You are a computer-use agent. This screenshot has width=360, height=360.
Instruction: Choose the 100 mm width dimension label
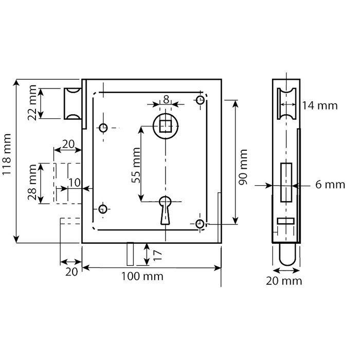(x=142, y=276)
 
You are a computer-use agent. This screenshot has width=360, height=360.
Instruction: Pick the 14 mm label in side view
(x=320, y=106)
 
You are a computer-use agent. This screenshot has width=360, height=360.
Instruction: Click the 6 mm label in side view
(x=323, y=185)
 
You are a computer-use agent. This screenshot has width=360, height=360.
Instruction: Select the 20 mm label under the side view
(x=284, y=281)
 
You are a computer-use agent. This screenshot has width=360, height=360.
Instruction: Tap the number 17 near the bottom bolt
(x=158, y=254)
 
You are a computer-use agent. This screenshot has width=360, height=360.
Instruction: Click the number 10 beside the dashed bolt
(x=74, y=183)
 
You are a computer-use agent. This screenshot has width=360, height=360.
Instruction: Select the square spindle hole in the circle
(x=166, y=126)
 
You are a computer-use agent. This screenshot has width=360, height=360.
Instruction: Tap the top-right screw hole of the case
(x=200, y=100)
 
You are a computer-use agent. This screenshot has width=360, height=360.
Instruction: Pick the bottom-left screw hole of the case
(x=103, y=208)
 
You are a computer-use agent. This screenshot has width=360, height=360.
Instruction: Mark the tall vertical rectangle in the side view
(x=285, y=182)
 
